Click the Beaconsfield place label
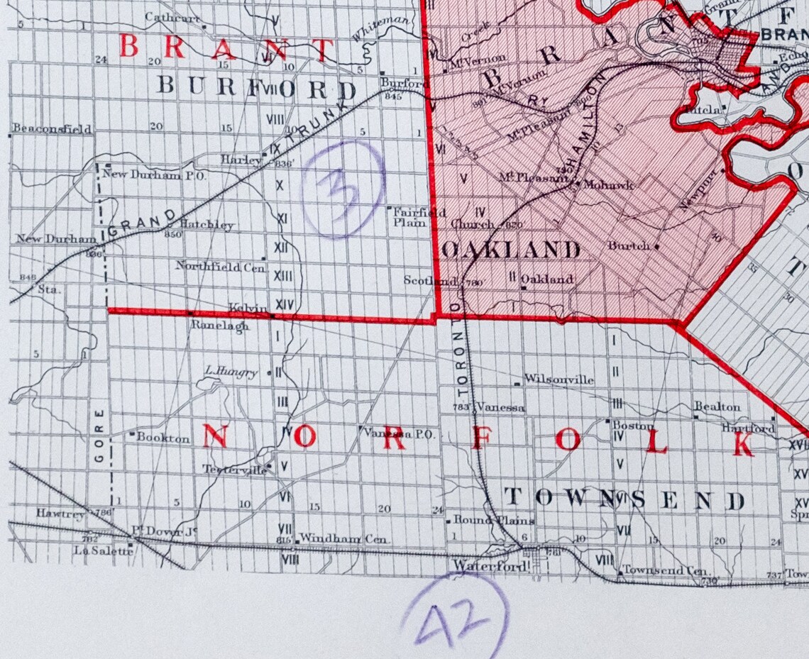click(x=52, y=129)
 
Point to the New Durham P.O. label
click(x=154, y=175)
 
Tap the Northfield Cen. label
click(x=220, y=267)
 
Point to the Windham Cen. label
click(x=344, y=539)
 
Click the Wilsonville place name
click(x=558, y=380)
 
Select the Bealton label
click(x=717, y=407)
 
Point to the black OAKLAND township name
click(x=510, y=250)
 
